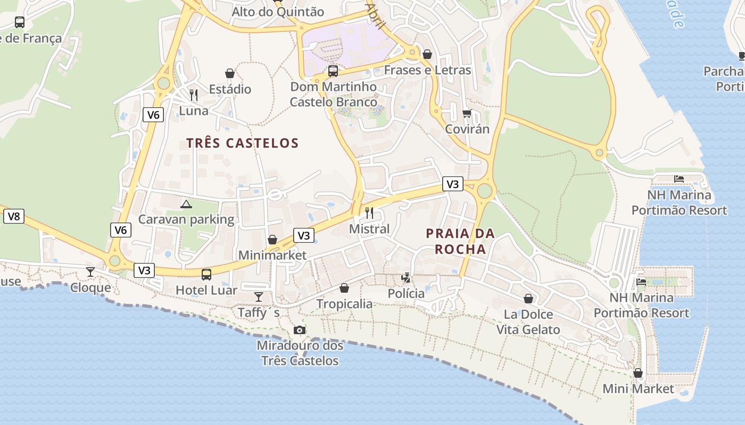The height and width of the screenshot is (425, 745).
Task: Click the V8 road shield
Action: (14, 216)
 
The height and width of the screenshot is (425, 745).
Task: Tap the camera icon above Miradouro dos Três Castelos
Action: (300, 330)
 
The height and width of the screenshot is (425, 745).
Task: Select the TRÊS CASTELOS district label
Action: (243, 143)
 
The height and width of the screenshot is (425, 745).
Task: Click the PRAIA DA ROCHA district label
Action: (460, 241)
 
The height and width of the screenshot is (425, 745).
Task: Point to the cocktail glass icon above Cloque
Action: (90, 272)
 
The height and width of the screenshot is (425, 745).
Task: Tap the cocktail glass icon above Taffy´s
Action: (259, 296)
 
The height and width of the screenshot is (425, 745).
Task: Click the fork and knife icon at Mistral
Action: (369, 213)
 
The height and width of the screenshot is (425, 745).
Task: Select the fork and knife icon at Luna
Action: (194, 95)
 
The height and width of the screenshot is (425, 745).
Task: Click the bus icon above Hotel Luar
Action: (206, 275)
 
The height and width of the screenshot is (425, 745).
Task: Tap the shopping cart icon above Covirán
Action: (467, 113)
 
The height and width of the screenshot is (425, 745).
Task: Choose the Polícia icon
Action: (406, 277)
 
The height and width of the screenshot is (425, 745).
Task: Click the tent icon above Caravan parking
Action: (186, 204)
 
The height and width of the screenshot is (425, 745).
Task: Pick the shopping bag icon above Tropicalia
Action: (344, 288)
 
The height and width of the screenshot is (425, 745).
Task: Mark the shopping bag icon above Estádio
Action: (230, 73)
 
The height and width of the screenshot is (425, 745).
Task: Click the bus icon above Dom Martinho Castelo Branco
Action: (333, 71)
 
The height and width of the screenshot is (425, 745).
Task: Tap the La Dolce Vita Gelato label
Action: (528, 322)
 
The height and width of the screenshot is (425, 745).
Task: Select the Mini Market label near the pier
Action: (638, 388)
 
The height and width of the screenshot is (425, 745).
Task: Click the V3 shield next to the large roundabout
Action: (452, 184)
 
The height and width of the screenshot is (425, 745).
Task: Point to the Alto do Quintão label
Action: (278, 12)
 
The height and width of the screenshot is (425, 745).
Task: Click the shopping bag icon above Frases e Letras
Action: (427, 54)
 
